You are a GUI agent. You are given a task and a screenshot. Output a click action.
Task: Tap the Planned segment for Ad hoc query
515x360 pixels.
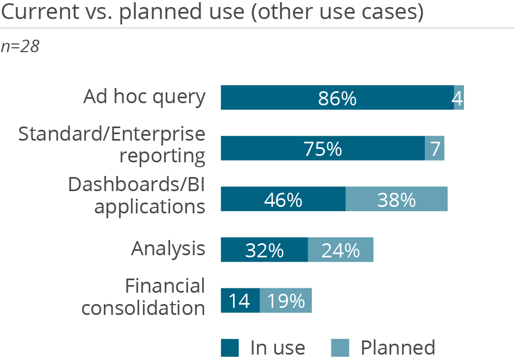point(459,98)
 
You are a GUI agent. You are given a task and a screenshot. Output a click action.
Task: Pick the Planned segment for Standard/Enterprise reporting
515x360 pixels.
point(435,148)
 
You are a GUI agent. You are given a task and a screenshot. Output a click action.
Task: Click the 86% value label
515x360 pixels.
point(337,98)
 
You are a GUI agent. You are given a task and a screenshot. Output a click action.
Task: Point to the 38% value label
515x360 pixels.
point(397,199)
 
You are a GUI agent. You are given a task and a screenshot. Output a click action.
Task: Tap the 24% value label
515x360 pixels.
point(341,250)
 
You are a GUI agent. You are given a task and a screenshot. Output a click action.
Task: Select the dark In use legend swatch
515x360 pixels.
point(230,348)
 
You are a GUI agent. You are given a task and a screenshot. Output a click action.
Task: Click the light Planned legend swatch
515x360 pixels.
point(340,348)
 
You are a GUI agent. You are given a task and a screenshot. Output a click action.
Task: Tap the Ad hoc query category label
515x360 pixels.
point(145,97)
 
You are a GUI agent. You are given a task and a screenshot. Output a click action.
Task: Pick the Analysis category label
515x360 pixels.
point(168,249)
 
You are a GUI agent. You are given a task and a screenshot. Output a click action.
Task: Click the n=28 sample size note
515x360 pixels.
point(20,47)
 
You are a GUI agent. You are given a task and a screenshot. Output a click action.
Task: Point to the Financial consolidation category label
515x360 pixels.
point(143,297)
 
